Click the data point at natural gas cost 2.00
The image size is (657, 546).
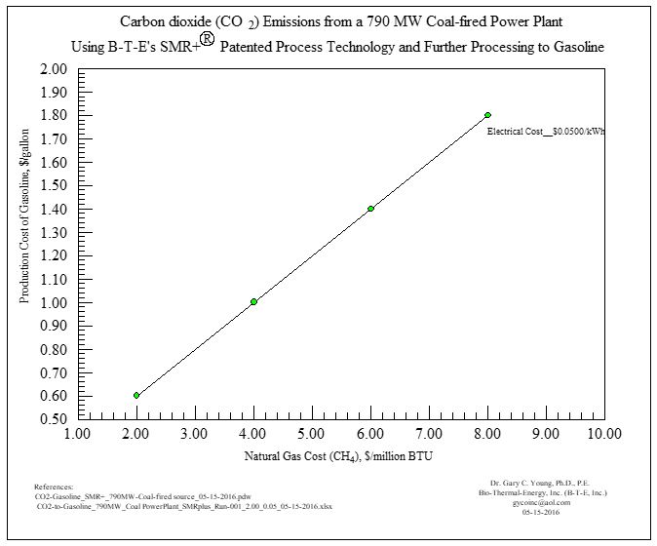136,395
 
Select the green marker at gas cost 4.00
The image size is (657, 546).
253,302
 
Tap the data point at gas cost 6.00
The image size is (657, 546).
370,209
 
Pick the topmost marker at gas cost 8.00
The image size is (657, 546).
487,115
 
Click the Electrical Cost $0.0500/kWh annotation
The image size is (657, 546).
545,131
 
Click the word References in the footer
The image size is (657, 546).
54,486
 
